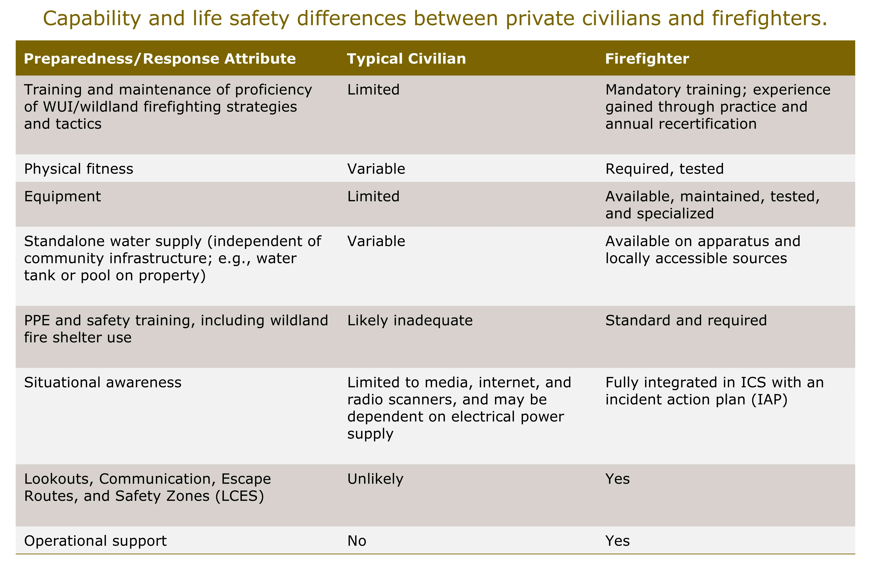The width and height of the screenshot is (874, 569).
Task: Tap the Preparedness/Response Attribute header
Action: [160, 59]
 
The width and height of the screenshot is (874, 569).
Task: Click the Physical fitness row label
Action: [79, 169]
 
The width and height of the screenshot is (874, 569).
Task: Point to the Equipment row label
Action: [62, 196]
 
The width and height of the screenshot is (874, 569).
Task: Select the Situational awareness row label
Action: [103, 382]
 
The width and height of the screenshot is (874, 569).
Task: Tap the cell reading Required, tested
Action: [664, 169]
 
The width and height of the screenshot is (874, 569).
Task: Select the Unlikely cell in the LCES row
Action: [375, 479]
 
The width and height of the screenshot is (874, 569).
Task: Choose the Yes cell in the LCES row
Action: [617, 479]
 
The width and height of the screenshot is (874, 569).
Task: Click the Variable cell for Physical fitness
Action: [376, 169]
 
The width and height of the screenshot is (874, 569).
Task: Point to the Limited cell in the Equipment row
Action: [373, 196]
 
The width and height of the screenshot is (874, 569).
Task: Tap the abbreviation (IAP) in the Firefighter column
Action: [769, 400]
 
